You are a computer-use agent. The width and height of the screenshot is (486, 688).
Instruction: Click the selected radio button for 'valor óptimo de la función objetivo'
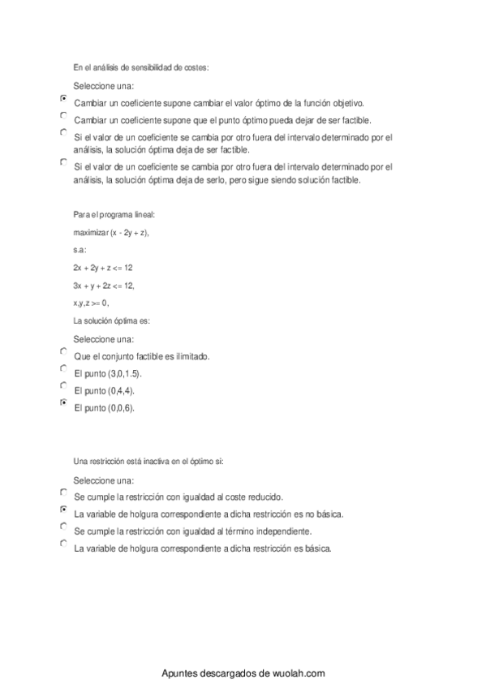[x=64, y=97]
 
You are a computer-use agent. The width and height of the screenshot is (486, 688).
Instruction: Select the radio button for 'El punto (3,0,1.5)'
[x=64, y=368]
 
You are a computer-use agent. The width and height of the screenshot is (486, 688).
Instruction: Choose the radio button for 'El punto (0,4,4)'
[x=64, y=385]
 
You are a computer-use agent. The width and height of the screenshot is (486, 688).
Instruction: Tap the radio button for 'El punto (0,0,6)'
[x=64, y=402]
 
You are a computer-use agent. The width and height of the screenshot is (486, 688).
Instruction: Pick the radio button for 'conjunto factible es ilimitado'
[x=64, y=350]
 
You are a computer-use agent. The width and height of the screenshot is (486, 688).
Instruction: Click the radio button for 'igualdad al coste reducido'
[x=64, y=492]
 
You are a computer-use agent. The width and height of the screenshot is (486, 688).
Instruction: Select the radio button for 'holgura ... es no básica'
[x=64, y=510]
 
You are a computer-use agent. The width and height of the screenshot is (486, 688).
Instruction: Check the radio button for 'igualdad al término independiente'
[x=64, y=527]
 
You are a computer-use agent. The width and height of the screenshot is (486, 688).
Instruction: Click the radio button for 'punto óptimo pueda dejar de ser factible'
[x=64, y=115]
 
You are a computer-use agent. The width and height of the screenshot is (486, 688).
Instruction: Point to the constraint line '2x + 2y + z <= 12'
[x=102, y=267]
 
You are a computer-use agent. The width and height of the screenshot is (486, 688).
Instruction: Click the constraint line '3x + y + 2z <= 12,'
[x=104, y=285]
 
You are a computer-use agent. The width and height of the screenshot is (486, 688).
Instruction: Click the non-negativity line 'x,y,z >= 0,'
[x=91, y=303]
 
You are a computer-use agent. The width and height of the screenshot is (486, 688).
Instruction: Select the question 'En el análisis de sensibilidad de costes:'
[x=140, y=67]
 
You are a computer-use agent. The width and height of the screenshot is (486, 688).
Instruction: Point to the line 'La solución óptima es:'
[x=112, y=320]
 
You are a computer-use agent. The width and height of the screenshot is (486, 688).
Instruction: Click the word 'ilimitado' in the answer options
[x=191, y=356]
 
